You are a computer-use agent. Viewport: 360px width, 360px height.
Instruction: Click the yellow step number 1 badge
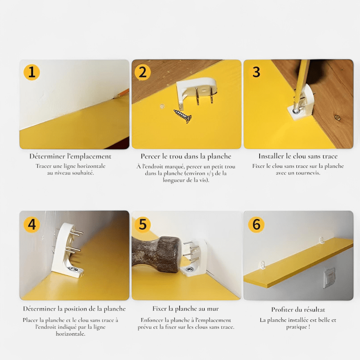tap(32, 72)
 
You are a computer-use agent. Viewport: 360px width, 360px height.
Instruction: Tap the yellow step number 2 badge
tap(143, 72)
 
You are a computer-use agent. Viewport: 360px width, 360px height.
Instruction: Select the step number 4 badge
tap(32, 225)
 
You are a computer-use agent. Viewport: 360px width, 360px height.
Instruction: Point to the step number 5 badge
tap(143, 225)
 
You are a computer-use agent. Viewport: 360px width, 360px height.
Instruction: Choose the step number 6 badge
tap(256, 225)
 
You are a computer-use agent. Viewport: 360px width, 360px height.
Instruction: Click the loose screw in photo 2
tap(183, 116)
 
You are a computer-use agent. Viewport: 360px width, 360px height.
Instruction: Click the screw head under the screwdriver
tap(296, 111)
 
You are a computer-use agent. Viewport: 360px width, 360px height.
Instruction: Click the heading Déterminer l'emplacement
tap(70, 156)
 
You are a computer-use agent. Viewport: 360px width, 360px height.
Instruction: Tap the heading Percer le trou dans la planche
tap(186, 156)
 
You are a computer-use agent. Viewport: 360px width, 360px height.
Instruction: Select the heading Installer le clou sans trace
tap(298, 156)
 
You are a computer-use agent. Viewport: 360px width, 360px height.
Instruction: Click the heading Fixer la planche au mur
tap(186, 309)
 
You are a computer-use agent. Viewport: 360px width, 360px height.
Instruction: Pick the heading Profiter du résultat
tap(298, 309)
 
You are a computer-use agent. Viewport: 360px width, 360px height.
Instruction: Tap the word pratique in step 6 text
tap(296, 327)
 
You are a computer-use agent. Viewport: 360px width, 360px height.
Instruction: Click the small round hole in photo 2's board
tap(162, 106)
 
